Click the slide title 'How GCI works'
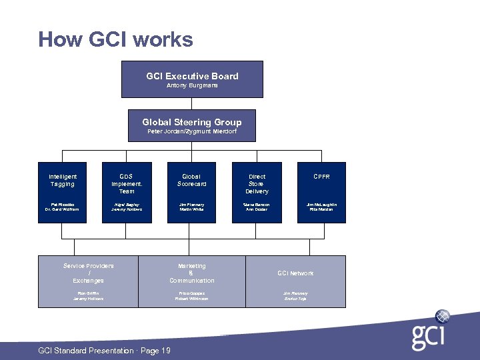[x=115, y=39]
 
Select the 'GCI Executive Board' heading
[x=192, y=76]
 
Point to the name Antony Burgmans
[x=192, y=85]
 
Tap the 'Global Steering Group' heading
[x=192, y=122]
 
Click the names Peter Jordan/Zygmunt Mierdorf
[x=192, y=131]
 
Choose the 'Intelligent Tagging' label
[x=63, y=180]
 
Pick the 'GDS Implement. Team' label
[x=127, y=183]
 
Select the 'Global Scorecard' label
[x=192, y=180]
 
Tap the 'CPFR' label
[x=321, y=177]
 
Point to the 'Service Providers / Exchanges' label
[x=88, y=273]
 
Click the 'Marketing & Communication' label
[x=192, y=273]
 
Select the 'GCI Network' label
[x=295, y=273]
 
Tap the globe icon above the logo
[x=442, y=316]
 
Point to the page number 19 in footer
[x=165, y=351]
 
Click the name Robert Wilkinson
[x=192, y=299]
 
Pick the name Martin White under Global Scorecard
[x=192, y=209]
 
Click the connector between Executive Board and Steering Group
[x=192, y=103]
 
